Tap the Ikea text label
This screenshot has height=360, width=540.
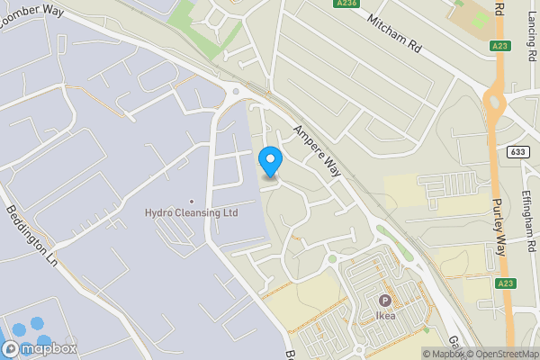coord(385,316)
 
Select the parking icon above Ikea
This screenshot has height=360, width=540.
coord(385,301)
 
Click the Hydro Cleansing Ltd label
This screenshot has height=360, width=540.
coord(191,213)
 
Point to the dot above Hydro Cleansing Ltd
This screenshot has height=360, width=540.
coord(191,201)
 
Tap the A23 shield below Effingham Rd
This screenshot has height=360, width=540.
coord(505,283)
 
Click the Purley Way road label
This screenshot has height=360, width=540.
coord(501,227)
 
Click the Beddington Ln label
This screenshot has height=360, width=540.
coord(31,237)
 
